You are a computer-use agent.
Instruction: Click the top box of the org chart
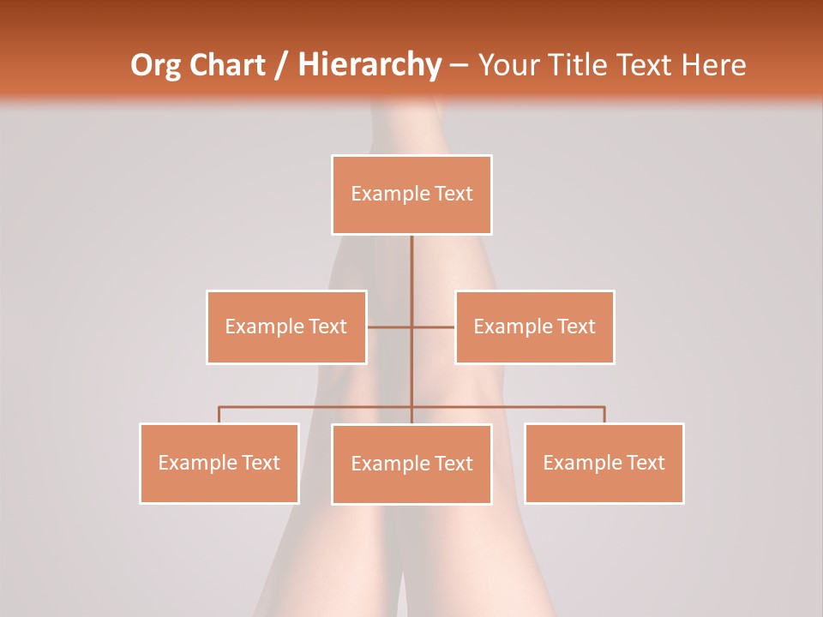click(x=411, y=195)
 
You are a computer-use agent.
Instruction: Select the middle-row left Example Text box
click(x=286, y=326)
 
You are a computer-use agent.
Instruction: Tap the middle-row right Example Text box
click(x=534, y=326)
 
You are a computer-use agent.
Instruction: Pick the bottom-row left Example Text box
click(x=219, y=463)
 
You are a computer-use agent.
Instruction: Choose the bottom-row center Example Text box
click(x=411, y=464)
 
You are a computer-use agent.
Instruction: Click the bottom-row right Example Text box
click(x=604, y=463)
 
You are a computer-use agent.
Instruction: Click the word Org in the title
click(x=155, y=65)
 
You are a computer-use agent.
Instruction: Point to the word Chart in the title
click(x=226, y=65)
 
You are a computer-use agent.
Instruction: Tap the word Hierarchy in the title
click(x=369, y=65)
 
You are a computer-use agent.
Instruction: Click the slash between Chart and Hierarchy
click(x=281, y=65)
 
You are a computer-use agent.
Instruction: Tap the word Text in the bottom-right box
click(x=646, y=463)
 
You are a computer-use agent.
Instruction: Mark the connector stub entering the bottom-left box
click(x=219, y=415)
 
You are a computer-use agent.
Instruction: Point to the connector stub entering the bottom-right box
click(x=604, y=415)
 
